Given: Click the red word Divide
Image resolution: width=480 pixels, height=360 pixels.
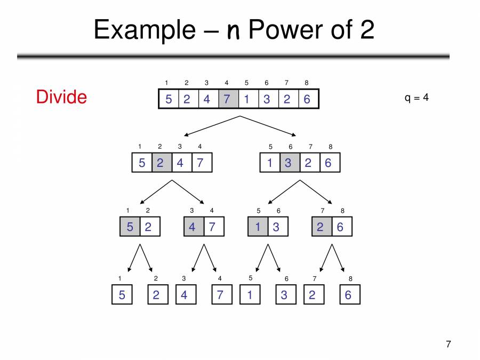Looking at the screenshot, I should coord(61,97).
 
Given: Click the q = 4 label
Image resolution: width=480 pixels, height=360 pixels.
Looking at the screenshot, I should coord(416,98).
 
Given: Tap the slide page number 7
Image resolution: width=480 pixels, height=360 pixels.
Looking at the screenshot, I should coord(448,344).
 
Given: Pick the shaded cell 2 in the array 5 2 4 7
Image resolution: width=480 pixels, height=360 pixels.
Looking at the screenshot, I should coord(162,163).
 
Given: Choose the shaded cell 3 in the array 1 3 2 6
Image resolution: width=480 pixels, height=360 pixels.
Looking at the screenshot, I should coord(289,163).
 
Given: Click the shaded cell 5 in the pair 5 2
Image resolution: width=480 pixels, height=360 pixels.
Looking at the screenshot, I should coord(130,227).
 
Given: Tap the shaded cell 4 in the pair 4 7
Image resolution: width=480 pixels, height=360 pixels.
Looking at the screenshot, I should coord(193,227).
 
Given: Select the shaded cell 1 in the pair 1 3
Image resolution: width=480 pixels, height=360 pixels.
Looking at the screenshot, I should coord(258,227).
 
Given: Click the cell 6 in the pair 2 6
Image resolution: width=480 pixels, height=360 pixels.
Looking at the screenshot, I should coord(341,227).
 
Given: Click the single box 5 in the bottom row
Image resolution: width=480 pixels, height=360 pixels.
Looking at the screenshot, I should coord(122,295).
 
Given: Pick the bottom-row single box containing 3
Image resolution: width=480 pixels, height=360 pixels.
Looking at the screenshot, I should coord(285,295).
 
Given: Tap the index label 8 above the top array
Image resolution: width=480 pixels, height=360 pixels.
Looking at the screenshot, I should coord(307,83).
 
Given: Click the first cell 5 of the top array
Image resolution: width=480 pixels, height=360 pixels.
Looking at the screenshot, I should coord(169,99).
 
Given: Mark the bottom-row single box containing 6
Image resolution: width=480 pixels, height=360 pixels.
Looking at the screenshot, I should coord(349,295).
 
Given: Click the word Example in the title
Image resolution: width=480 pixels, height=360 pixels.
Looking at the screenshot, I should coord(145,30).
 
